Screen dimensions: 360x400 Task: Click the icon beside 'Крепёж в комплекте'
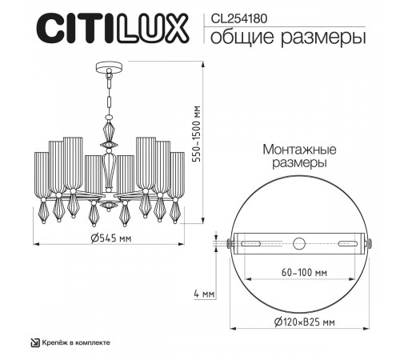click(x=34, y=342)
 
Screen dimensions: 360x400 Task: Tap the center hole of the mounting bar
click(x=299, y=243)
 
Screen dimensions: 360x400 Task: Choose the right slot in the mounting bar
click(x=349, y=243)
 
